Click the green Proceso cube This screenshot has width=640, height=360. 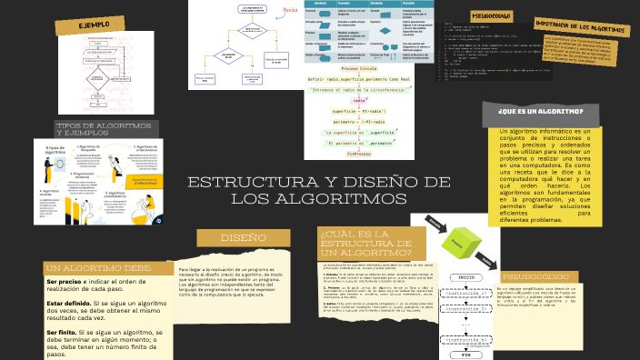point(461,243)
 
